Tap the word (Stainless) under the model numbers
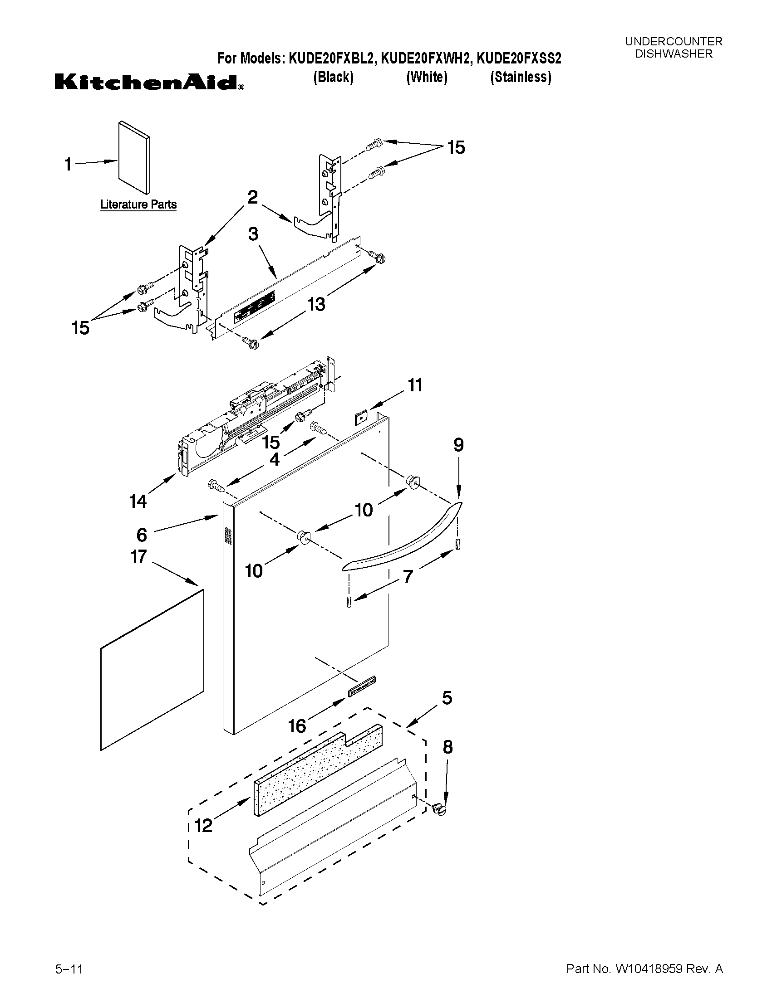[521, 77]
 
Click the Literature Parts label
[138, 204]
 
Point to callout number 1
[68, 165]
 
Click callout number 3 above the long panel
[253, 234]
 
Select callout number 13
[316, 304]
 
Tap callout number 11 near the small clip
[415, 385]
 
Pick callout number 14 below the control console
[138, 501]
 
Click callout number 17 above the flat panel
[138, 556]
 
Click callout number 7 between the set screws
[408, 576]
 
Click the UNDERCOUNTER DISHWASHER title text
[673, 48]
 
